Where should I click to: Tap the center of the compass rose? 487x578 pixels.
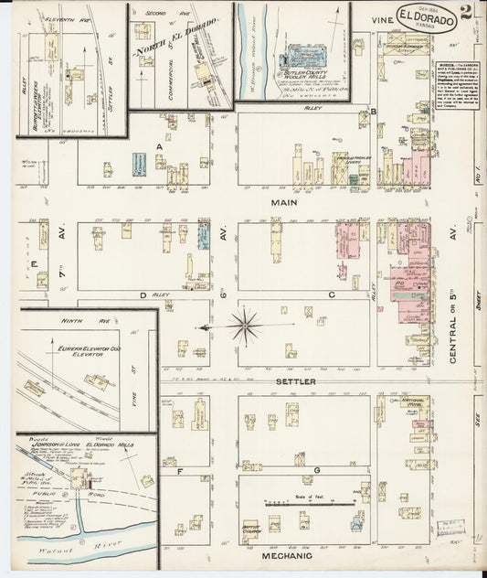pyautogui.click(x=246, y=322)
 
